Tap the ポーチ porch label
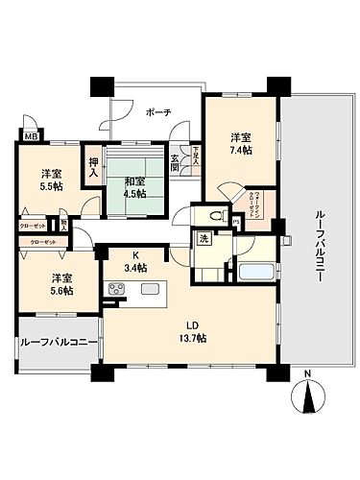coord(158,113)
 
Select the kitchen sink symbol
coord(150,289)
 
